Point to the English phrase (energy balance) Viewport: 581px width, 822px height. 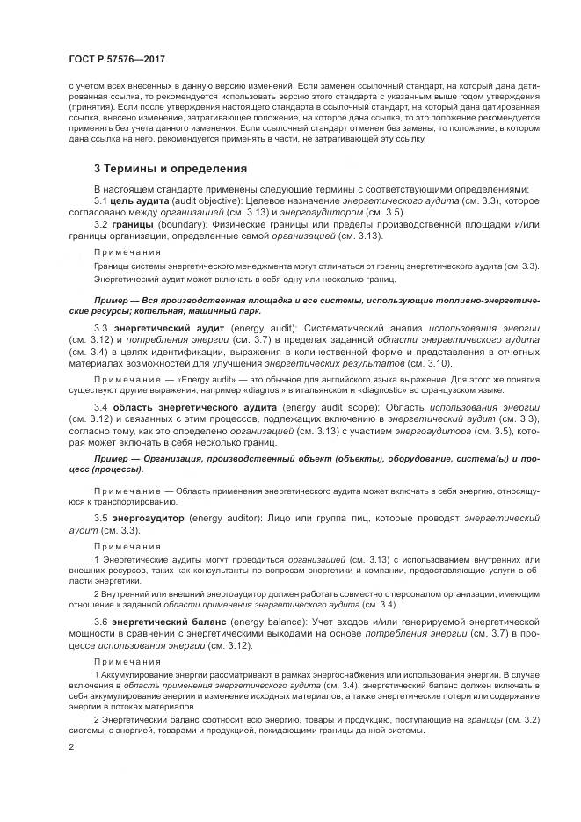pyautogui.click(x=258, y=622)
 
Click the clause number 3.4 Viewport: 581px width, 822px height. pyautogui.click(x=101, y=408)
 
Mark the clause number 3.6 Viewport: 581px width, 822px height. pyautogui.click(x=101, y=622)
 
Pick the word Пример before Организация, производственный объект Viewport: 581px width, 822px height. pyautogui.click(x=113, y=459)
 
